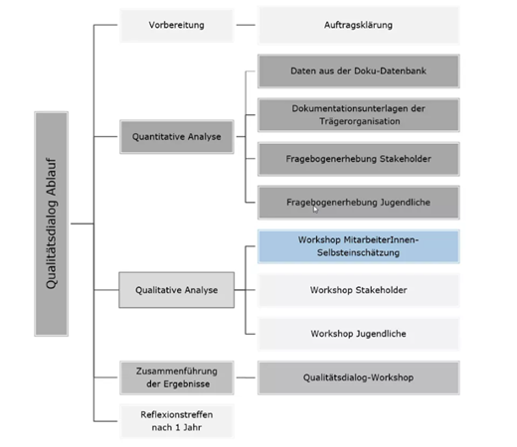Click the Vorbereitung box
177,25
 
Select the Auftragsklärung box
359,25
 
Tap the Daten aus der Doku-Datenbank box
359,72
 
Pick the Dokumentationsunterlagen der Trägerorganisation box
359,115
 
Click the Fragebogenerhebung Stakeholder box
359,159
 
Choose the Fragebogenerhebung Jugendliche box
359,203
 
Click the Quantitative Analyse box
177,137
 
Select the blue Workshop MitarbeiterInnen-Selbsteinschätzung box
359,246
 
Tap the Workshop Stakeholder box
359,290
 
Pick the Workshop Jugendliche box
359,334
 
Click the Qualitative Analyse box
177,290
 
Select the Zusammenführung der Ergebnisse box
177,377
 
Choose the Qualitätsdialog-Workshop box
359,377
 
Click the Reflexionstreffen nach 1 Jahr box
177,421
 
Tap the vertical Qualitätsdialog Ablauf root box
52,223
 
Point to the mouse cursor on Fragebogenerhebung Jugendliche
315,210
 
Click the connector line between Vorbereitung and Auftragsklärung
246,25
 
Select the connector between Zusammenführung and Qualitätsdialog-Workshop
246,377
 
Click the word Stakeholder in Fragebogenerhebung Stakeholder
406,159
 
